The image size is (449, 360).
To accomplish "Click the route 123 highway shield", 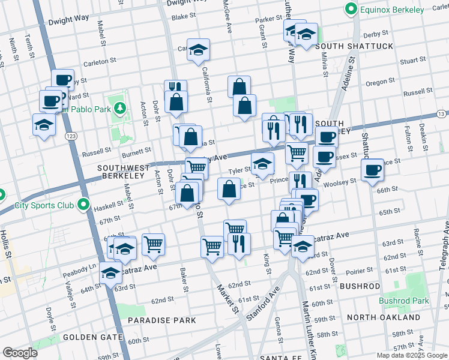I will point(70,137).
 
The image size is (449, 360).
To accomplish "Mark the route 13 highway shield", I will point(441,113).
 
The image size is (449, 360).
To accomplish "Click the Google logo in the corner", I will point(20,353).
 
